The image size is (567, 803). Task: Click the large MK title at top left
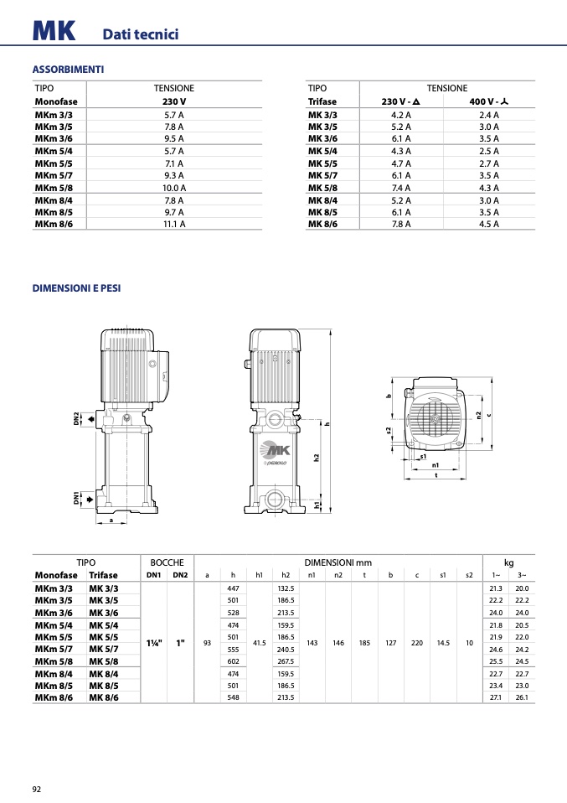[x=54, y=31]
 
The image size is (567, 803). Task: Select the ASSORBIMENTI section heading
[x=68, y=69]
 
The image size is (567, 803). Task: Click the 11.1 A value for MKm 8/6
[x=174, y=224]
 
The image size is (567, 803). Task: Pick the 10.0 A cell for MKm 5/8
[x=174, y=188]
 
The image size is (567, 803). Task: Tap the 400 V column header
[x=489, y=101]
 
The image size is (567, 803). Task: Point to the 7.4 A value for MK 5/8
[x=401, y=188]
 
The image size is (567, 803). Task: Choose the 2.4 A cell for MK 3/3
[x=489, y=115]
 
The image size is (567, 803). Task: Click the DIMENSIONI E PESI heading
[x=77, y=288]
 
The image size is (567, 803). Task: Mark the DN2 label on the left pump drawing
[x=76, y=419]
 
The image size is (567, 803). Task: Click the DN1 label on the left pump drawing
[x=76, y=498]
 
